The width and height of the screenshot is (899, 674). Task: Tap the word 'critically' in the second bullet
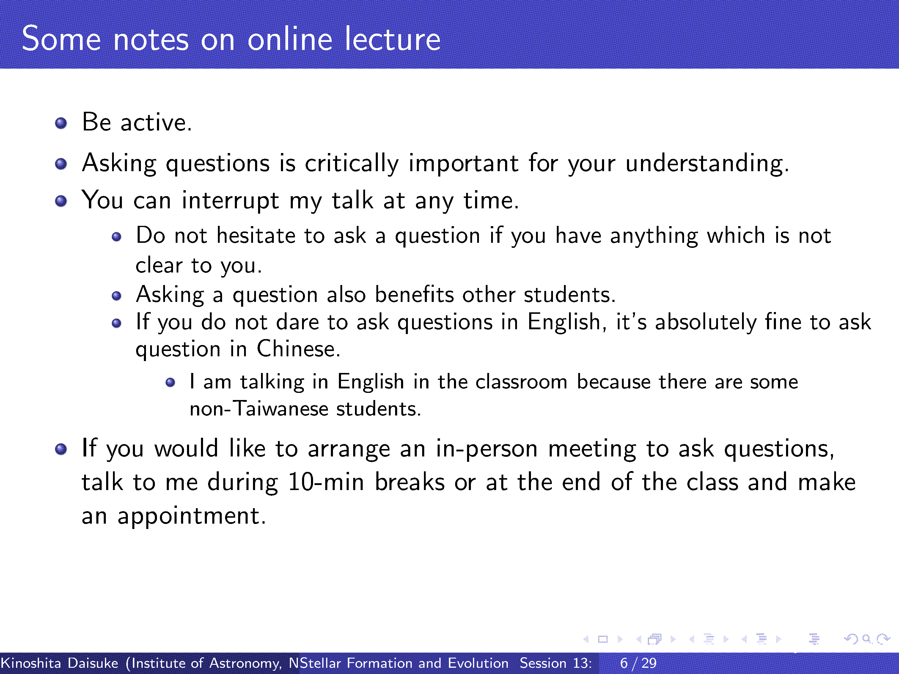coord(352,164)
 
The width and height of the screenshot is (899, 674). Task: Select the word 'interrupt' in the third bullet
coord(230,201)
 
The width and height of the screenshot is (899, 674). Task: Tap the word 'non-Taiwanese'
coord(259,408)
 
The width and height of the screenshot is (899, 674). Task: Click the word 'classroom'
coord(521,382)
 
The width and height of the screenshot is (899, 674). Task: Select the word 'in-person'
coord(487,449)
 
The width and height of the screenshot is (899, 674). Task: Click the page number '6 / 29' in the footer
coord(638,663)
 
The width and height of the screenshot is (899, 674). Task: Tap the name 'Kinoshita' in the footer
coord(31,663)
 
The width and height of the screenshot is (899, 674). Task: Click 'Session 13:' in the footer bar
coord(556,663)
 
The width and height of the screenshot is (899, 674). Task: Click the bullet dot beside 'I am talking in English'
coord(170,382)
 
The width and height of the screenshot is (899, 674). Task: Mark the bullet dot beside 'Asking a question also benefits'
coord(117,296)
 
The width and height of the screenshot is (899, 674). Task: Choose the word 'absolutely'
coord(706,322)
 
